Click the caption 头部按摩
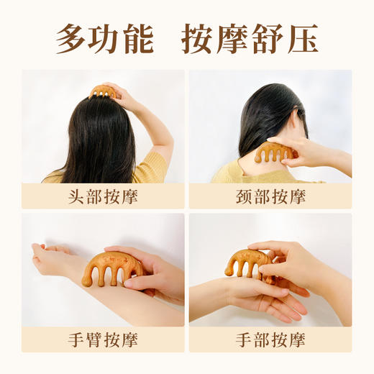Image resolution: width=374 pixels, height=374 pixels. point(103,196)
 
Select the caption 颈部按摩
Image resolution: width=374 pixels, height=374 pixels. point(270,196)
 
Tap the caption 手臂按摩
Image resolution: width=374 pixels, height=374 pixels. point(103,339)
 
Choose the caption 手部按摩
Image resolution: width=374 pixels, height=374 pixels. point(270,339)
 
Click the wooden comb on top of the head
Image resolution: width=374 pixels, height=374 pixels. point(104,91)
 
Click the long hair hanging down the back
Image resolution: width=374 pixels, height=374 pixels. point(101,144)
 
